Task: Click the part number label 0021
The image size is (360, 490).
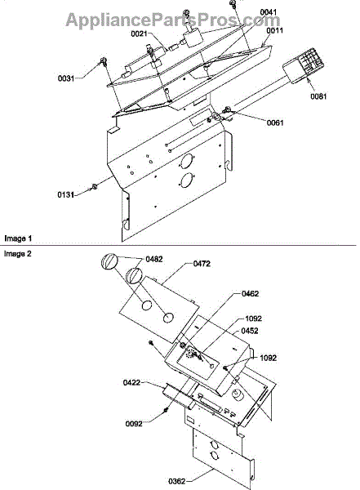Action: click(x=139, y=33)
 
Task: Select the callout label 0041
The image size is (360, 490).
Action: click(x=268, y=12)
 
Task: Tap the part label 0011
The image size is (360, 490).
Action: click(x=274, y=30)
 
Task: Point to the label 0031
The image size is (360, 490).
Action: click(x=66, y=78)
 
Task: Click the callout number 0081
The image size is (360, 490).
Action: click(x=318, y=96)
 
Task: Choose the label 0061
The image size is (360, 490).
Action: click(x=275, y=122)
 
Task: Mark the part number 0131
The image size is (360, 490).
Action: click(x=65, y=195)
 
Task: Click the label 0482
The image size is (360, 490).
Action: click(x=154, y=259)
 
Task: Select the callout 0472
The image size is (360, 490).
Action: click(x=202, y=264)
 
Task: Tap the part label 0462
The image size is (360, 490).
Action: click(x=251, y=294)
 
